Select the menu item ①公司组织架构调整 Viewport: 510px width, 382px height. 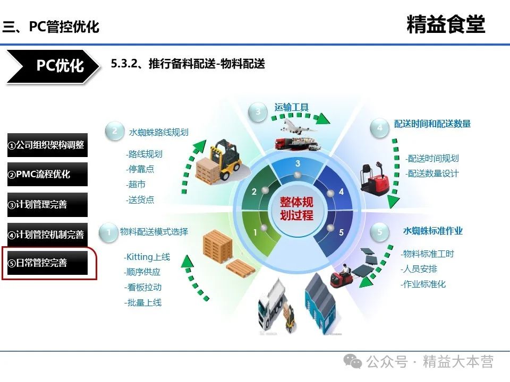47,145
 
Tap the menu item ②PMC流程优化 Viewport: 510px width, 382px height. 47,174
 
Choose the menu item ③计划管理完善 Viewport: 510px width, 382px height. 47,204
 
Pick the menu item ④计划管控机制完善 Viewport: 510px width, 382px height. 47,234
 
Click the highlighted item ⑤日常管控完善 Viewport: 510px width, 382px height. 47,263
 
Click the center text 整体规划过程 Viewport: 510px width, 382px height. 296,209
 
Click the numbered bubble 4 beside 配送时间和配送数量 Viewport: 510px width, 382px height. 379,128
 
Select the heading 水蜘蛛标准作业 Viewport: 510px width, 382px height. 432,231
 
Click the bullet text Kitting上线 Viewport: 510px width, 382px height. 147,257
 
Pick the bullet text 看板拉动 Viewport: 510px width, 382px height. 143,288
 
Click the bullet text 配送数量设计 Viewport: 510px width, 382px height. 432,173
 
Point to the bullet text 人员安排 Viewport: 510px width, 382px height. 419,269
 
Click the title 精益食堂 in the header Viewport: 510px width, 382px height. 445,25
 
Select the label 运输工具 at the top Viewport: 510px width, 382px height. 292,107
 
